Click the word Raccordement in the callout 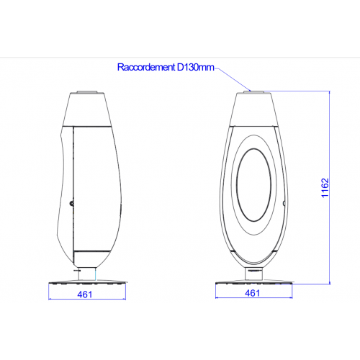(146, 67)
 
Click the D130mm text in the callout (196, 67)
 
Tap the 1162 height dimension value (325, 188)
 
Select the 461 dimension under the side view (85, 294)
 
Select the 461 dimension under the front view (253, 293)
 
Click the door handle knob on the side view (71, 204)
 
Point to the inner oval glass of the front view (254, 185)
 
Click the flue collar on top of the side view (87, 92)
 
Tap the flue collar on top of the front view (254, 91)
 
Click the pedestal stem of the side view (87, 274)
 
